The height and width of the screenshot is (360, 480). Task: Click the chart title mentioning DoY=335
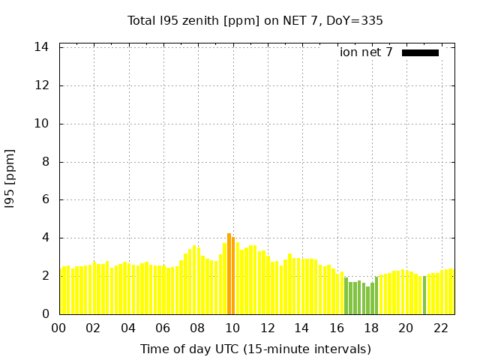coord(255,20)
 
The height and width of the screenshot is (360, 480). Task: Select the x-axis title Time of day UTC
coord(255,349)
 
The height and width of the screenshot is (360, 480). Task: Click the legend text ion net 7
coord(366,52)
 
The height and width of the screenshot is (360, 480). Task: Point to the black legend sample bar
coord(420,52)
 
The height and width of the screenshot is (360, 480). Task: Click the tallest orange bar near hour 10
coord(229,274)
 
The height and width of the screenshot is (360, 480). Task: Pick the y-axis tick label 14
coord(42,47)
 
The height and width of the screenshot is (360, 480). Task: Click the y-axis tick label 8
coord(45,162)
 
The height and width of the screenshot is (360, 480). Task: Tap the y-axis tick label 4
coord(45,238)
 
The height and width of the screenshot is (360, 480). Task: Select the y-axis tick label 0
coord(45,314)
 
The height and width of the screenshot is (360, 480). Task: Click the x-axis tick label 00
coord(58,328)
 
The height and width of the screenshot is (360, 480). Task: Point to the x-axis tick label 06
coord(163,328)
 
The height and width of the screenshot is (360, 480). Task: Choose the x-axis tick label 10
coord(232,328)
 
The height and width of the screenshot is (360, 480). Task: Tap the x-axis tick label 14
coord(301,328)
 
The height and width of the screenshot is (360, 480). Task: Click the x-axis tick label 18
coord(371,328)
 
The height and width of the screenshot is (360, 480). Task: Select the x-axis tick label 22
coord(440,328)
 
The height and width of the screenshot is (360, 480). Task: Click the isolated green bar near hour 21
coord(424,295)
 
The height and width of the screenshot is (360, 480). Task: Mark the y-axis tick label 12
coord(42,85)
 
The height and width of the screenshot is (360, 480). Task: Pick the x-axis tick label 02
coord(93,328)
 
